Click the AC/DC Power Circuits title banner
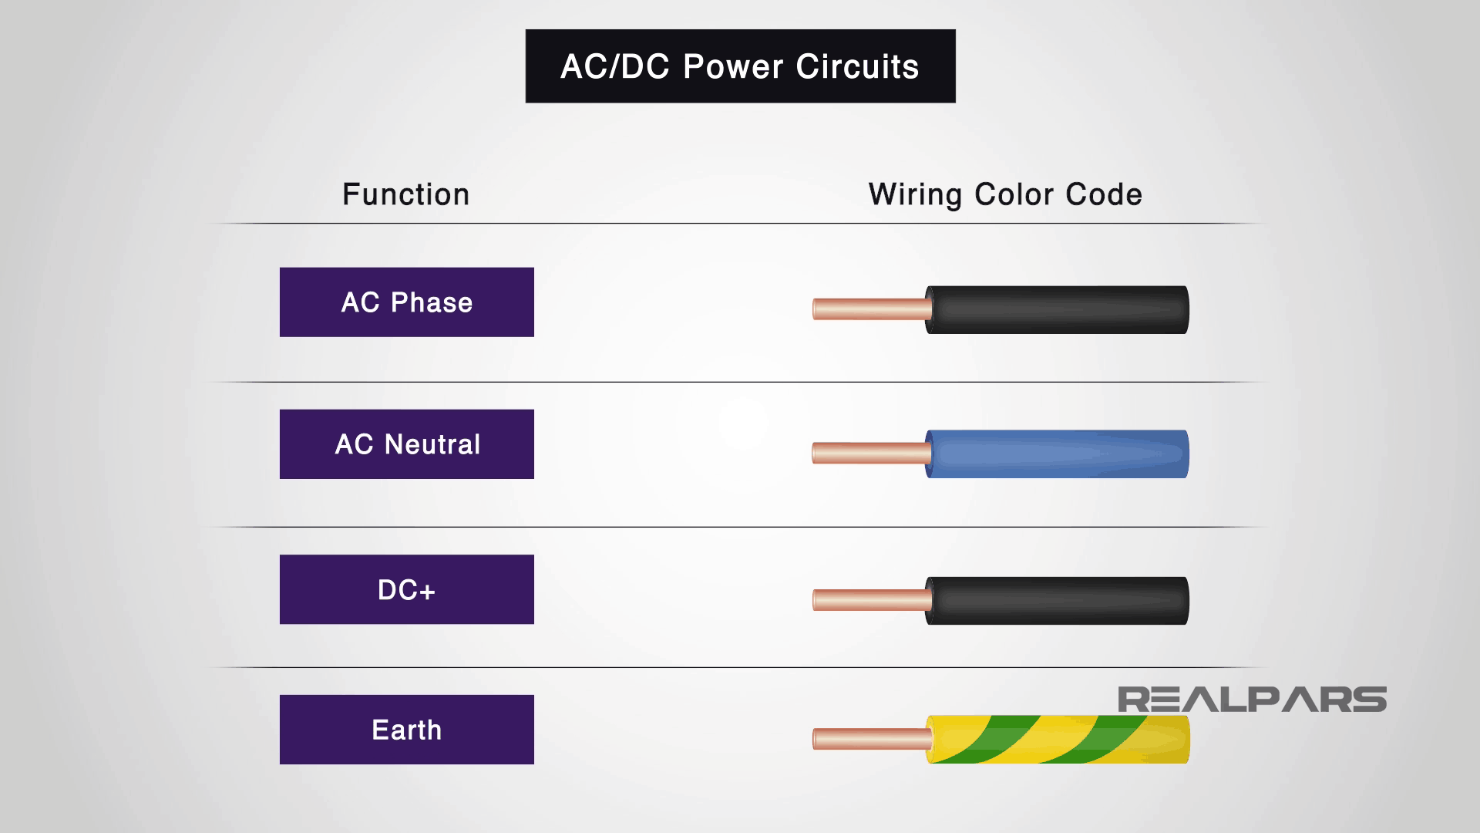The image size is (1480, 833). [x=740, y=66]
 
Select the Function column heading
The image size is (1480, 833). [x=405, y=194]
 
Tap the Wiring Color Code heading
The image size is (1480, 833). [x=1005, y=194]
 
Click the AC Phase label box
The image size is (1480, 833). [x=406, y=302]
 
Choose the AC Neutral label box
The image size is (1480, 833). [x=406, y=444]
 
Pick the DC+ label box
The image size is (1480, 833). [x=406, y=589]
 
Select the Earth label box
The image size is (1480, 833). [x=406, y=730]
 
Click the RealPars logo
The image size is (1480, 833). [x=1252, y=700]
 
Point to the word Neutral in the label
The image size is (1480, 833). [x=432, y=444]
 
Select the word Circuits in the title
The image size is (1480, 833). [x=857, y=67]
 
